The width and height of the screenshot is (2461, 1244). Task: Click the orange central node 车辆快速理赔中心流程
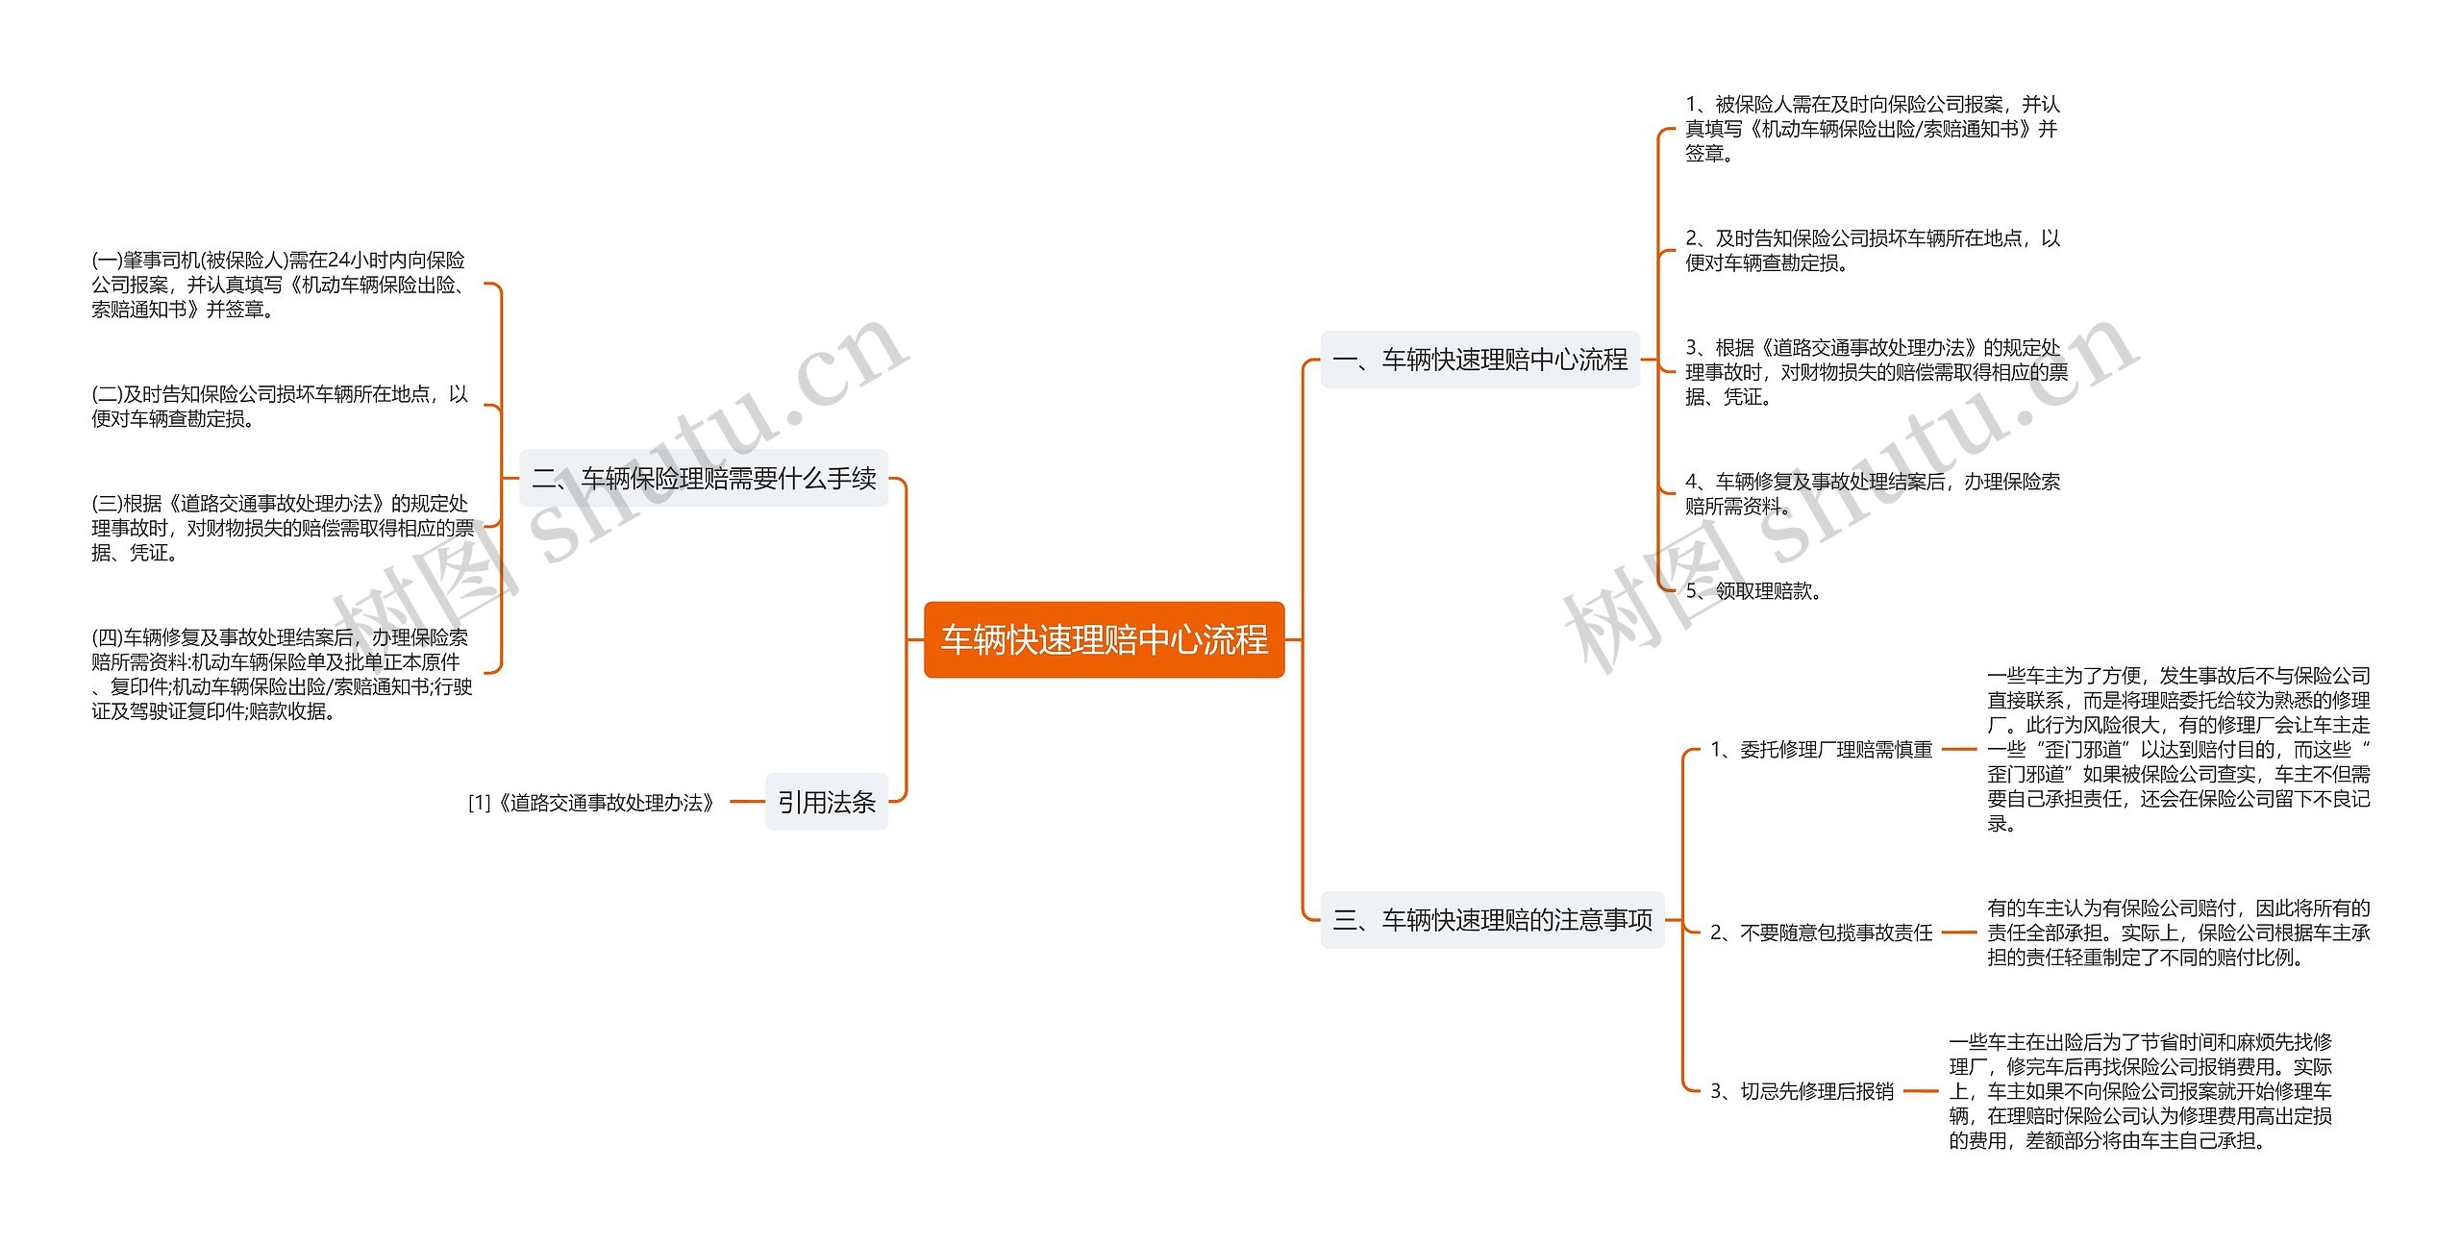pyautogui.click(x=1104, y=639)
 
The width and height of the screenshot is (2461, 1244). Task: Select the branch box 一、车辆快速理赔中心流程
pyautogui.click(x=1479, y=360)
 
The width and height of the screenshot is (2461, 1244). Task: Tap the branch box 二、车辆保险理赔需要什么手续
pyautogui.click(x=704, y=478)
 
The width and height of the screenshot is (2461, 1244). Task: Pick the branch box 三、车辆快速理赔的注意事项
pyautogui.click(x=1492, y=920)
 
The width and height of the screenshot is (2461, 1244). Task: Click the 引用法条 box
pyautogui.click(x=827, y=802)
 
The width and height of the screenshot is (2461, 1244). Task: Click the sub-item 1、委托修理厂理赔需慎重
pyautogui.click(x=1821, y=750)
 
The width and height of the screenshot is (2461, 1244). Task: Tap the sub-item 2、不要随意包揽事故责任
pyautogui.click(x=1821, y=933)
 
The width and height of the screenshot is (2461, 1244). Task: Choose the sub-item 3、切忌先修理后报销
pyautogui.click(x=1802, y=1091)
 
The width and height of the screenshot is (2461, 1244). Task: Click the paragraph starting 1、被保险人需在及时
pyautogui.click(x=1872, y=129)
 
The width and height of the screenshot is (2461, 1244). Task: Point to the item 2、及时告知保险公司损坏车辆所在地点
pyautogui.click(x=1872, y=250)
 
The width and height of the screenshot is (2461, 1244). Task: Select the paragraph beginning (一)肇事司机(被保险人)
pyautogui.click(x=279, y=285)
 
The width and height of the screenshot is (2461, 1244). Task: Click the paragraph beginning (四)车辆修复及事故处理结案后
pyautogui.click(x=282, y=674)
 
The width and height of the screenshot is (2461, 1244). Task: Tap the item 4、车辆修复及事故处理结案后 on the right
pyautogui.click(x=1872, y=493)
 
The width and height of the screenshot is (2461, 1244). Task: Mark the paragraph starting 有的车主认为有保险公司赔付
pyautogui.click(x=2178, y=933)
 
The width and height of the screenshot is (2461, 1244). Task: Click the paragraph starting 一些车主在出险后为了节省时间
pyautogui.click(x=2140, y=1091)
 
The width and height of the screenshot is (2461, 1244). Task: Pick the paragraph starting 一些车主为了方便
pyautogui.click(x=2178, y=750)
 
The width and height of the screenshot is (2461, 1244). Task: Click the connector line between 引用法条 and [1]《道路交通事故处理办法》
pyautogui.click(x=747, y=802)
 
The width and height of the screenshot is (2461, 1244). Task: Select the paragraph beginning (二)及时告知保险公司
pyautogui.click(x=279, y=407)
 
